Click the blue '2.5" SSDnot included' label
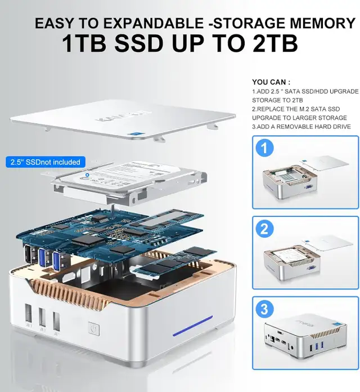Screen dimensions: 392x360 click(46, 162)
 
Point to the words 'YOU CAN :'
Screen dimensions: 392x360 click(272, 81)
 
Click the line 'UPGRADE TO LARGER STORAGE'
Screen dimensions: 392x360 click(298, 118)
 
